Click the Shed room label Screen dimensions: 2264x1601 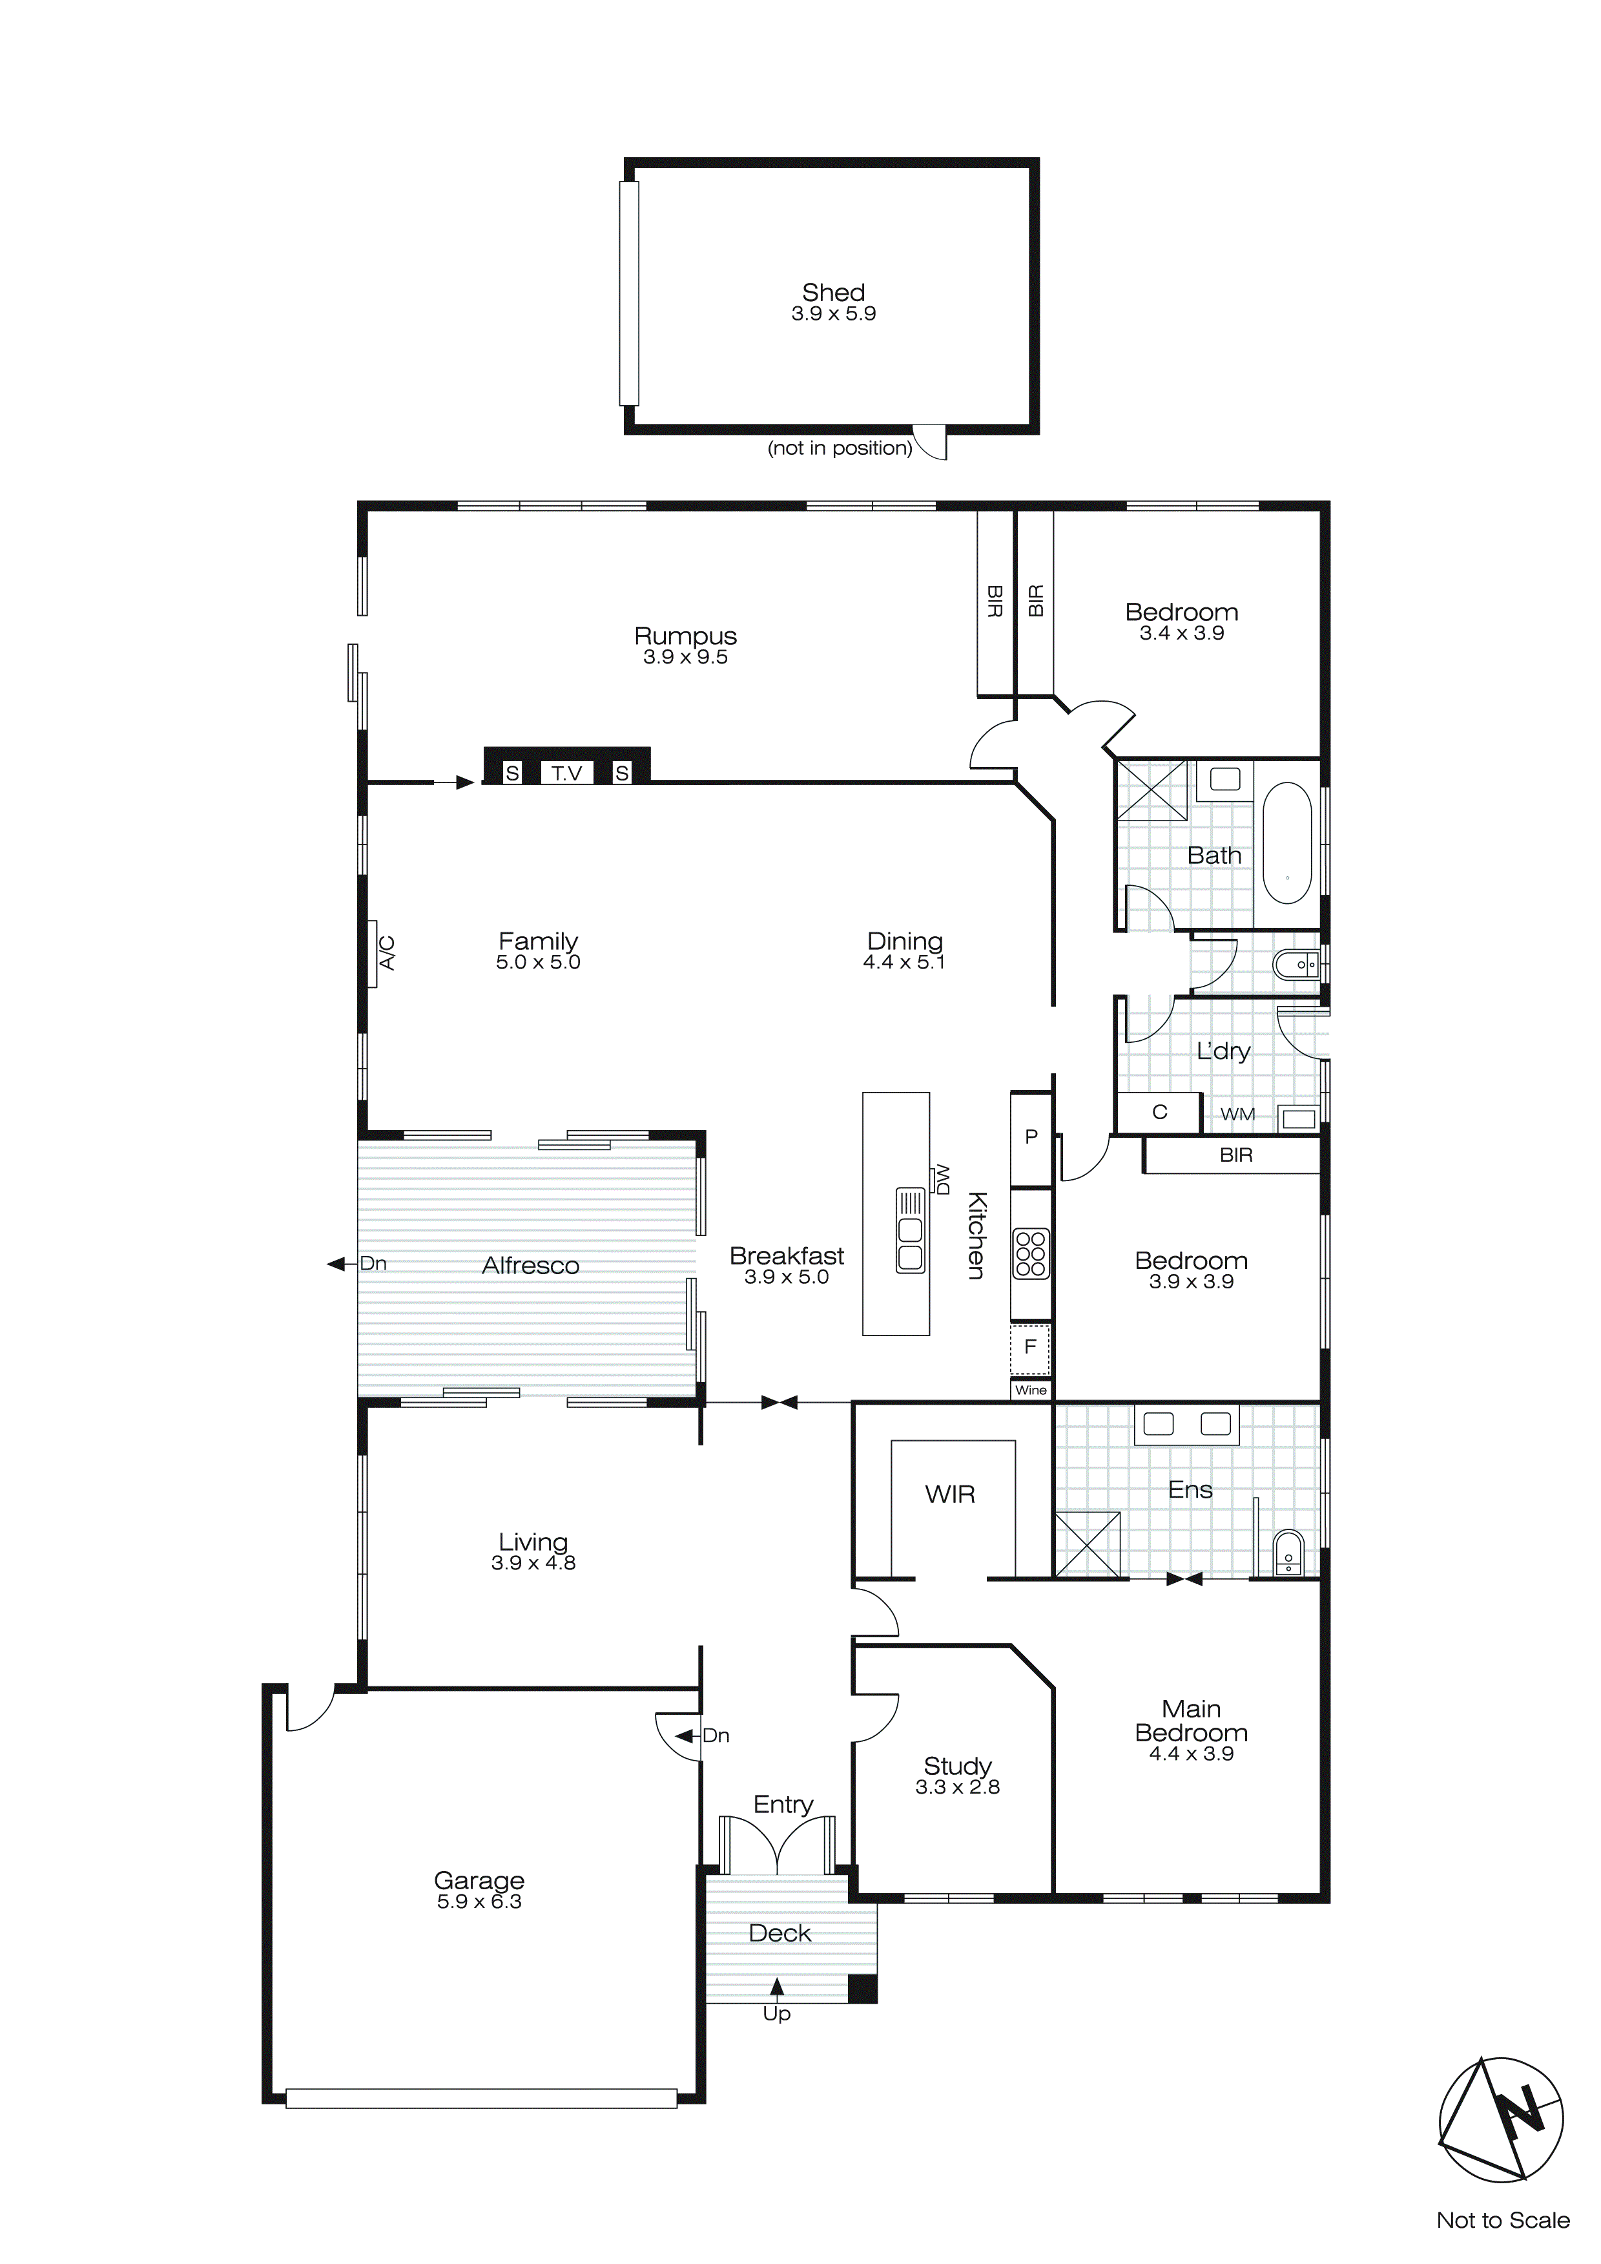pyautogui.click(x=833, y=293)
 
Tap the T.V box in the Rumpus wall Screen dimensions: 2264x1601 pyautogui.click(x=567, y=773)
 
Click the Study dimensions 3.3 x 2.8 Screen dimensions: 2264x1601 pyautogui.click(x=957, y=1787)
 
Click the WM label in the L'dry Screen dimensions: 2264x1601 pyautogui.click(x=1237, y=1115)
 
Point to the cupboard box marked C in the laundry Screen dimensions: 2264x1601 pyautogui.click(x=1159, y=1112)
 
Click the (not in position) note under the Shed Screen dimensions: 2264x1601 pyautogui.click(x=840, y=448)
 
